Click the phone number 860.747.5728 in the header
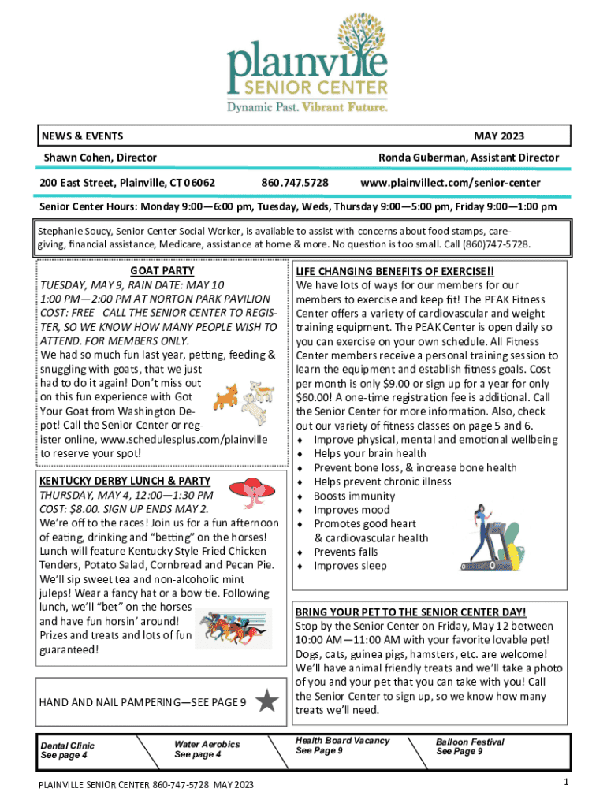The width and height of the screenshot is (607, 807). [295, 183]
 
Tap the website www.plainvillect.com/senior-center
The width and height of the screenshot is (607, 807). [450, 183]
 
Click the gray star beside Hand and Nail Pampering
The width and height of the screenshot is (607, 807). [267, 701]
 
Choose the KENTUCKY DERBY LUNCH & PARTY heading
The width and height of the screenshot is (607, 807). [125, 481]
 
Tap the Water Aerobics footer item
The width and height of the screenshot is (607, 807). [207, 749]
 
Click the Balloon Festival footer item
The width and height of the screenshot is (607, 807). [470, 746]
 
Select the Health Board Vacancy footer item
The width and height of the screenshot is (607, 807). [342, 746]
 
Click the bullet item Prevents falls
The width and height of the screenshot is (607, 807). [346, 552]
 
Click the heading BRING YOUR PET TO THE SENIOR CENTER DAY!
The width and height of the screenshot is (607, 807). [410, 612]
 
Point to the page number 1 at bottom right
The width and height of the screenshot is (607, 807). [566, 781]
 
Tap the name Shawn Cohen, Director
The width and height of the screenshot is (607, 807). [99, 158]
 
